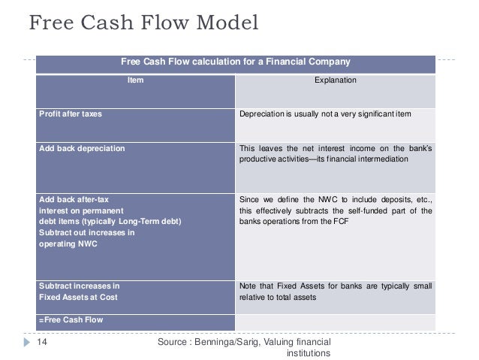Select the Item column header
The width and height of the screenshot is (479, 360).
(x=136, y=78)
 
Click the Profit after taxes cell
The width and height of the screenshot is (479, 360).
(x=71, y=115)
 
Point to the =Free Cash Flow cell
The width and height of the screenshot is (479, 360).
(x=71, y=319)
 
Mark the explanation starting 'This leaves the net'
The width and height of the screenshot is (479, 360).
(x=336, y=154)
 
